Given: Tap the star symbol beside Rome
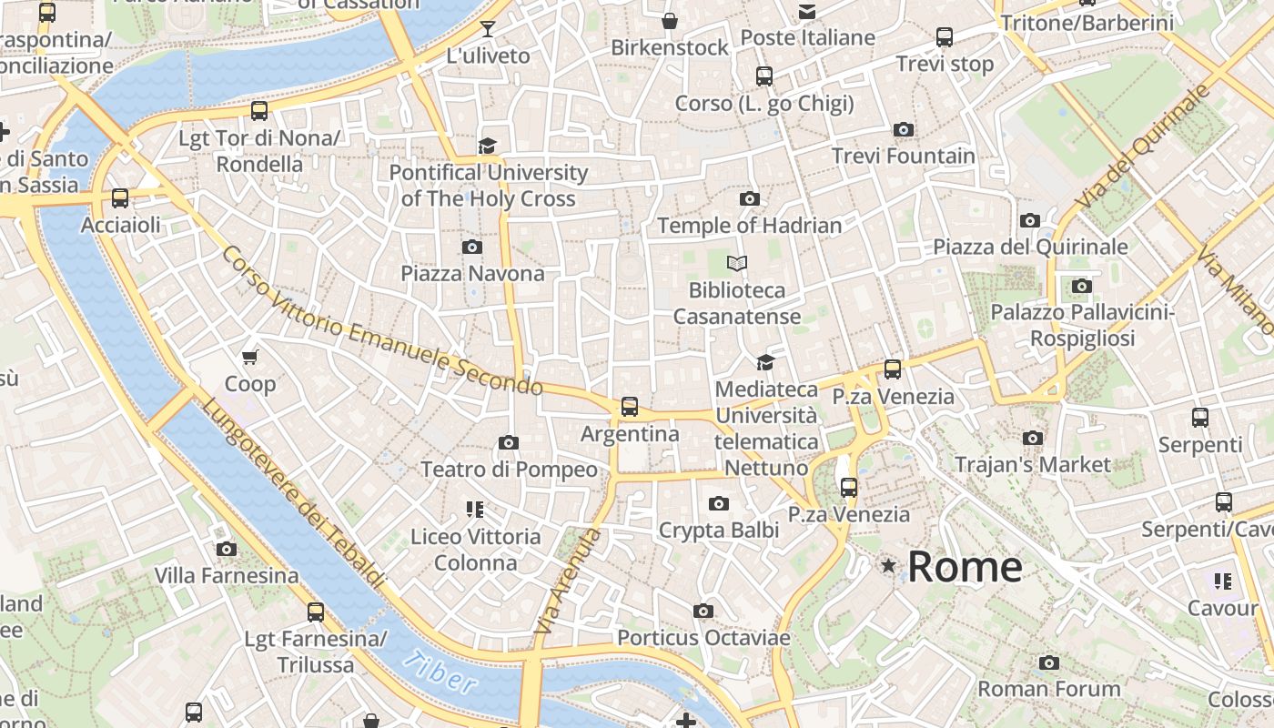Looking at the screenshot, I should (x=888, y=566).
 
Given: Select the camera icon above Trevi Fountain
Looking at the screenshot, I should (x=903, y=130).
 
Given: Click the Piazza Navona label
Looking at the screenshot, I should (x=472, y=273).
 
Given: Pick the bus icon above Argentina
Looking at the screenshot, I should (x=630, y=407).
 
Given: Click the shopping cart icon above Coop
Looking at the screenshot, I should (x=250, y=357).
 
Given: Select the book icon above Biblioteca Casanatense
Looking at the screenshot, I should (x=737, y=264).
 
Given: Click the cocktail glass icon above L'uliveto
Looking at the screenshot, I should (x=488, y=29).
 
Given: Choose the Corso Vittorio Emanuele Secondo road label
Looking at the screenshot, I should (x=382, y=321).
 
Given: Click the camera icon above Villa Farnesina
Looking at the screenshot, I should (x=227, y=549).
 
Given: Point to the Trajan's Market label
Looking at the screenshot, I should (x=1033, y=464).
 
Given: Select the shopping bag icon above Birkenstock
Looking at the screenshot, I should (x=670, y=20).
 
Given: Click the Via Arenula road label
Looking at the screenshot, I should (x=568, y=581).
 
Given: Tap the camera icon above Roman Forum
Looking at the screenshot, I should (x=1049, y=662).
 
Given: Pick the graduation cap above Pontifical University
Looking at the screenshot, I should (x=488, y=146).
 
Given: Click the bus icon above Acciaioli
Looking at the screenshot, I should (x=120, y=197).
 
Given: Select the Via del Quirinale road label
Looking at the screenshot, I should (x=1144, y=146).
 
